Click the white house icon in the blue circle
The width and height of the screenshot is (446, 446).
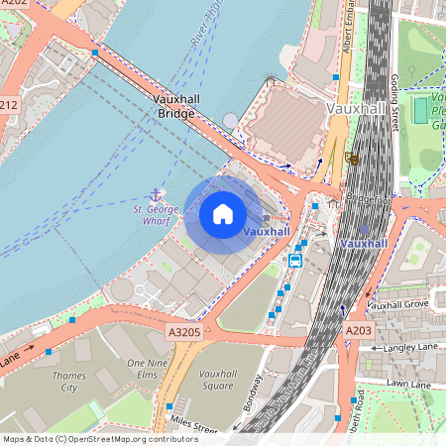pos(223,214)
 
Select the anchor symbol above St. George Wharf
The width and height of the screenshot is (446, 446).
pos(156,195)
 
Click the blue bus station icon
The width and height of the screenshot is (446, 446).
pos(294,260)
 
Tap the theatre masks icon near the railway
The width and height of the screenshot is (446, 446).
pos(351,157)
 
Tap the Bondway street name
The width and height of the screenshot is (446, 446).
pos(255,393)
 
